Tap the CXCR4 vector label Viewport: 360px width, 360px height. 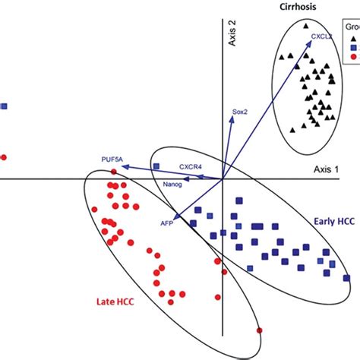[x=191, y=164]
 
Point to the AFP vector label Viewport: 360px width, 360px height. [x=167, y=224]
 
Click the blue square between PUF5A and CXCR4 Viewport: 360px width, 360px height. [x=156, y=166]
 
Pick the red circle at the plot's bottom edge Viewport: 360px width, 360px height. [x=259, y=330]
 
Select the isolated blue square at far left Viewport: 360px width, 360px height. [x=4, y=107]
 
